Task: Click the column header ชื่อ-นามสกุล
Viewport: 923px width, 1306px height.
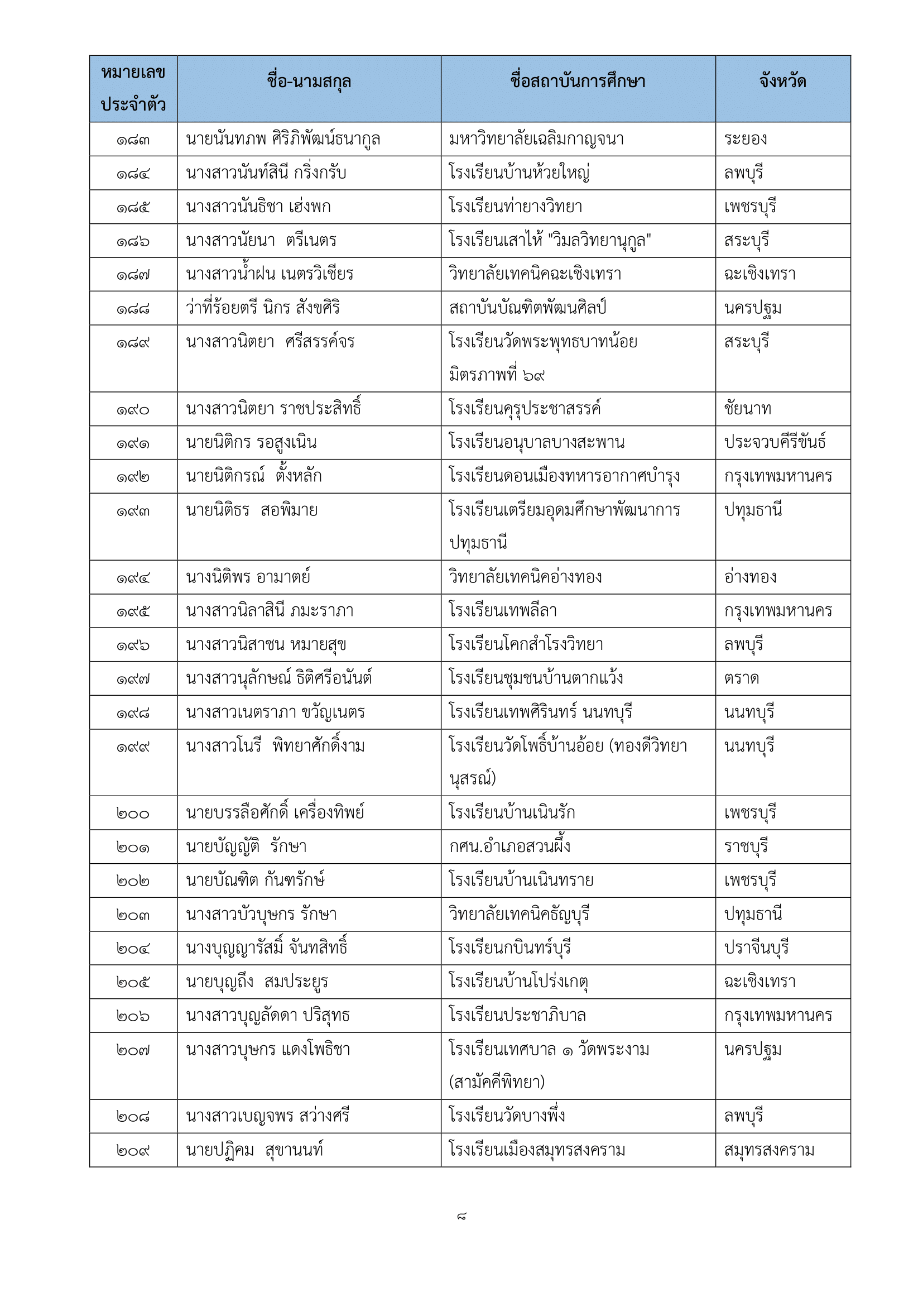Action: coord(309,82)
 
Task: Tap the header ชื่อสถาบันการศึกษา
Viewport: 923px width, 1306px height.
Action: coord(578,82)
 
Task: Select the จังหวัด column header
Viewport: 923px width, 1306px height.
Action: coord(782,82)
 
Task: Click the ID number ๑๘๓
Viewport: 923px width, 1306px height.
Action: coord(133,140)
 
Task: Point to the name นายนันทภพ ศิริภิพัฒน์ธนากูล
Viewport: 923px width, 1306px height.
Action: coord(283,140)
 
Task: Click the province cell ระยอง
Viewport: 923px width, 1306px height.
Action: coord(746,140)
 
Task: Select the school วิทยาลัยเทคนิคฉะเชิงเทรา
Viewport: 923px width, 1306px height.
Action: coord(535,275)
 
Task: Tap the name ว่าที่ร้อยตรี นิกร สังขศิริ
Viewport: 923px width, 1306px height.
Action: coord(263,308)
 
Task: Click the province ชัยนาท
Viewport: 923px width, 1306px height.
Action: coord(747,409)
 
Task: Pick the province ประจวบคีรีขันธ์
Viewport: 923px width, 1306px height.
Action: coord(775,443)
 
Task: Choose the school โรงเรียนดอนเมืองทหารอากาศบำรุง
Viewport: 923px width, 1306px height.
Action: coord(564,476)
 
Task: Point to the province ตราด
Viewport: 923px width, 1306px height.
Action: coord(742,678)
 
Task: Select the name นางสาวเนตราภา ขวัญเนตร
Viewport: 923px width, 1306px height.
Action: coord(275,712)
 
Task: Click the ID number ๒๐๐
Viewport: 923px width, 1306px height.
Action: coord(133,814)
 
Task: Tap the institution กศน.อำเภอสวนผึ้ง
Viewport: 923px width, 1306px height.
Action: coord(510,847)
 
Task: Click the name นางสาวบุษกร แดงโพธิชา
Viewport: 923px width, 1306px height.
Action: coord(268,1050)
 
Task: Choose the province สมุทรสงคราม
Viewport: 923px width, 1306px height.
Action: coord(769,1151)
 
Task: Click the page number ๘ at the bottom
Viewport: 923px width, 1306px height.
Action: coord(461,1217)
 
